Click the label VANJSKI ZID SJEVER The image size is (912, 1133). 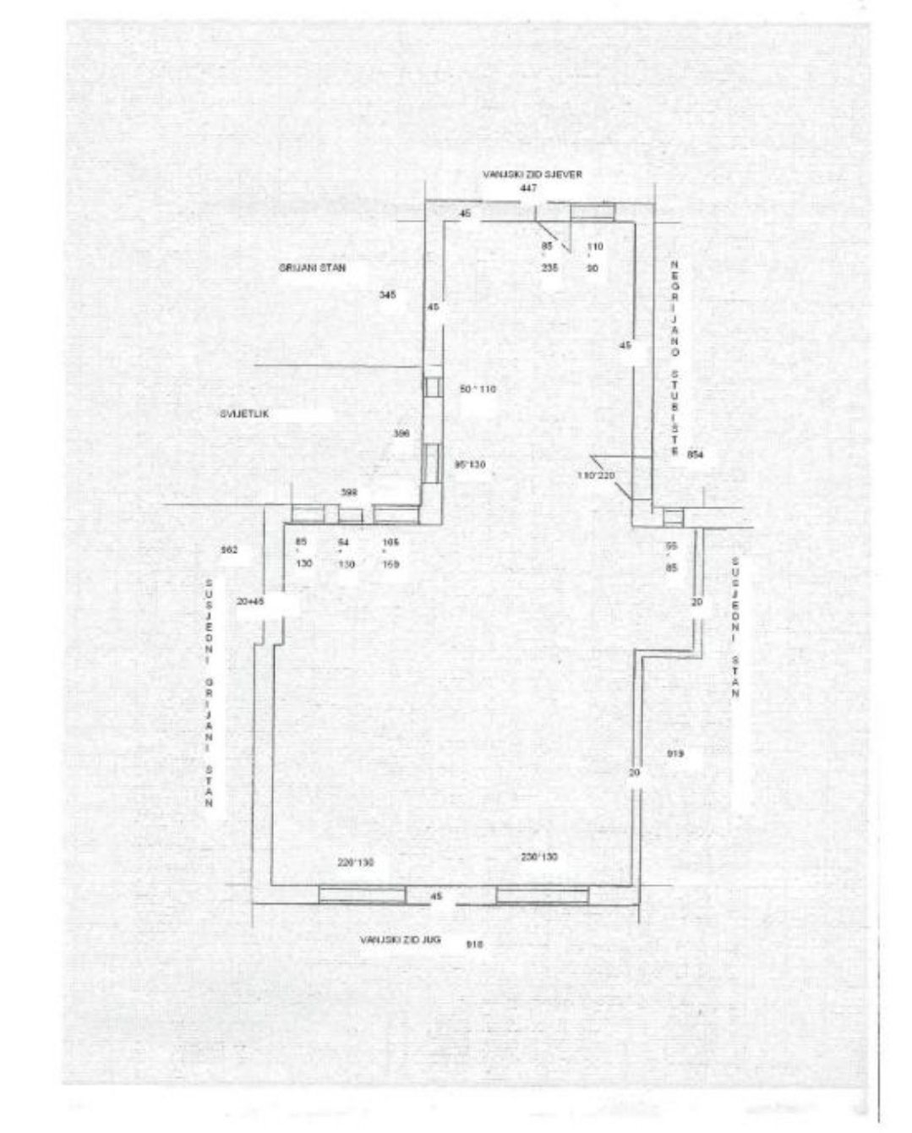tap(532, 173)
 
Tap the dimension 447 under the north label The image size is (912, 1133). tap(529, 188)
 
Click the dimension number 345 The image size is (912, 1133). tap(388, 295)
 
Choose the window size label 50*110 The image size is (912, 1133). tap(478, 389)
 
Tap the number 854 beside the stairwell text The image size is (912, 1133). tap(696, 454)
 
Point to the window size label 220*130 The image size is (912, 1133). tap(356, 862)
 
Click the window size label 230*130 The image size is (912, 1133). tap(539, 857)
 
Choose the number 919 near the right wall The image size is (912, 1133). tap(674, 753)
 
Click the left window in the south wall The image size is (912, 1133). tap(362, 895)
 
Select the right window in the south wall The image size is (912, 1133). tap(543, 895)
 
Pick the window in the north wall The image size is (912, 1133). tap(592, 211)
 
